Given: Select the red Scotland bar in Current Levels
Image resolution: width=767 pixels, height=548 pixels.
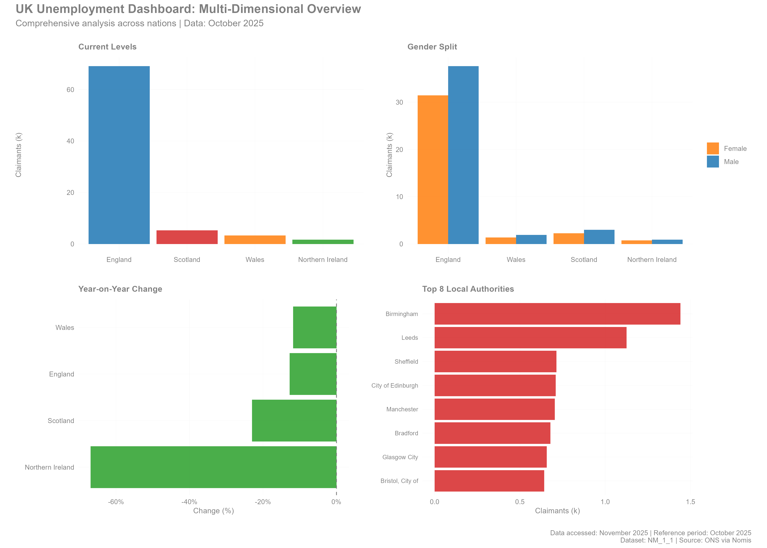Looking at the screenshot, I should pos(187,237).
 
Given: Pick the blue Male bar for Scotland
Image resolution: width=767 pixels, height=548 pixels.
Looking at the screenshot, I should pos(599,237).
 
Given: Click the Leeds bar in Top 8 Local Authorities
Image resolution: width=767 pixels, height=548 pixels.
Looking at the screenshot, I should pos(530,338).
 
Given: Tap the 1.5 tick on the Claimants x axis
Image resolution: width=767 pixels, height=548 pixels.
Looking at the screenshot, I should pos(690,502).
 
